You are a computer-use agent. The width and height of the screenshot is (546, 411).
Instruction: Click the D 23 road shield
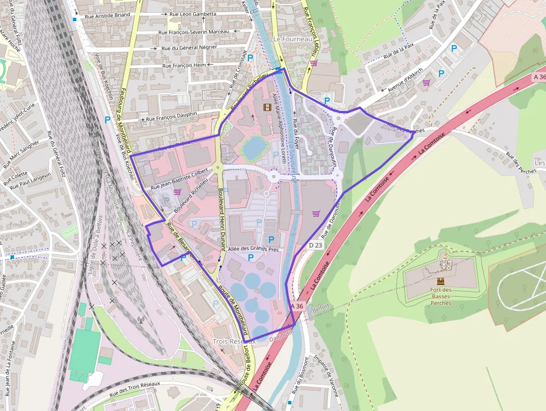pyautogui.click(x=315, y=245)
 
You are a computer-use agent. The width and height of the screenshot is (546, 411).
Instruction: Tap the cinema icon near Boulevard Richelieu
pyautogui.click(x=268, y=107)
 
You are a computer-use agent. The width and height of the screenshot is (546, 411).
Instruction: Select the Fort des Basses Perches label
pyautogui.click(x=441, y=296)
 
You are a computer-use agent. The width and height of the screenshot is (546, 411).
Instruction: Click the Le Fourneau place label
pyautogui.click(x=292, y=39)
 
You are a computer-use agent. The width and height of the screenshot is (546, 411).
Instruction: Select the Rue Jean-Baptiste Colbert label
pyautogui.click(x=179, y=178)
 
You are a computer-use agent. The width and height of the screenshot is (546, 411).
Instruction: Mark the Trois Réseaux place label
pyautogui.click(x=234, y=341)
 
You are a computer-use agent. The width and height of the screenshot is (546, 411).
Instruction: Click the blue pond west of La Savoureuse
pyautogui.click(x=254, y=147)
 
